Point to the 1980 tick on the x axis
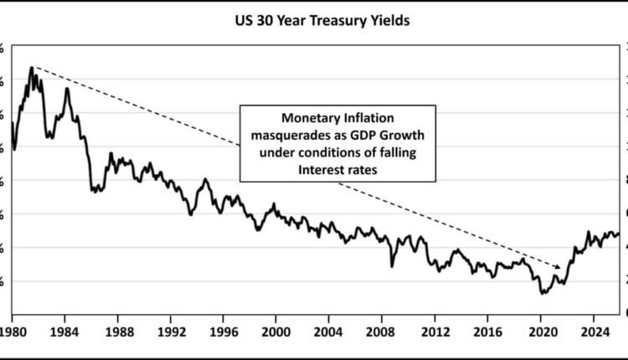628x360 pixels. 12,330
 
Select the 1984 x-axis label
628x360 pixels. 64,330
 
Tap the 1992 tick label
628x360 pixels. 171,330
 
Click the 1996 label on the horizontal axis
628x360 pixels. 224,330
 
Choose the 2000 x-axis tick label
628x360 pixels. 276,330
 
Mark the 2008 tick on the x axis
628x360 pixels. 382,330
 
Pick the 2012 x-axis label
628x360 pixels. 435,330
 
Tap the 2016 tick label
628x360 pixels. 487,330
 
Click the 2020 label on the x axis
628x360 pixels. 540,330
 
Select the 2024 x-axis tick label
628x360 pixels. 593,330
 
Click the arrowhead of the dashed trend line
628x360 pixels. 559,266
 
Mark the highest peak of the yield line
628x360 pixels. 32,67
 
